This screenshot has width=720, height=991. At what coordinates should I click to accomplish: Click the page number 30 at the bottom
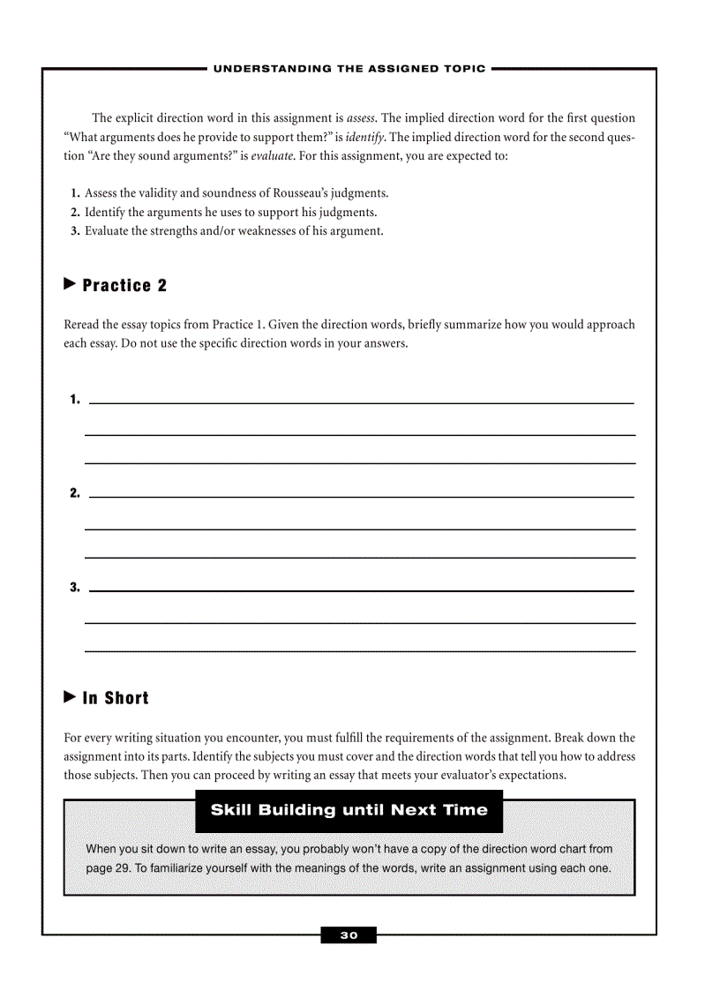pyautogui.click(x=349, y=935)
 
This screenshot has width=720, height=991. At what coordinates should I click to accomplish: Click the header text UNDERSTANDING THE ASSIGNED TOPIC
pyautogui.click(x=349, y=69)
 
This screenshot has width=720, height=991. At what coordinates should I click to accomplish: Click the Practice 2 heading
pyautogui.click(x=124, y=286)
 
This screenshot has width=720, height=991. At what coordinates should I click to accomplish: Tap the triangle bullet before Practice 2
pyautogui.click(x=71, y=284)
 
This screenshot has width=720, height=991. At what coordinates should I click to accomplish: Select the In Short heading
pyautogui.click(x=116, y=698)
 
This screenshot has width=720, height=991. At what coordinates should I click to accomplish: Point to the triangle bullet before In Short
pyautogui.click(x=71, y=697)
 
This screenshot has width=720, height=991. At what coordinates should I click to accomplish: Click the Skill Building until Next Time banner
pyautogui.click(x=349, y=810)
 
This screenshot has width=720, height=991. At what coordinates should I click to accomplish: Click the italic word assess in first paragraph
pyautogui.click(x=362, y=118)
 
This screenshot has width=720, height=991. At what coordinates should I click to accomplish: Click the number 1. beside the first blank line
pyautogui.click(x=75, y=400)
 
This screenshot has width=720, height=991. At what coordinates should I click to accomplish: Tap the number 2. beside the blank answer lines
pyautogui.click(x=75, y=493)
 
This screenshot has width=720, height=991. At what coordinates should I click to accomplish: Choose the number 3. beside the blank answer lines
pyautogui.click(x=75, y=587)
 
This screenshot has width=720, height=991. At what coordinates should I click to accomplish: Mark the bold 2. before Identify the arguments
pyautogui.click(x=75, y=213)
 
